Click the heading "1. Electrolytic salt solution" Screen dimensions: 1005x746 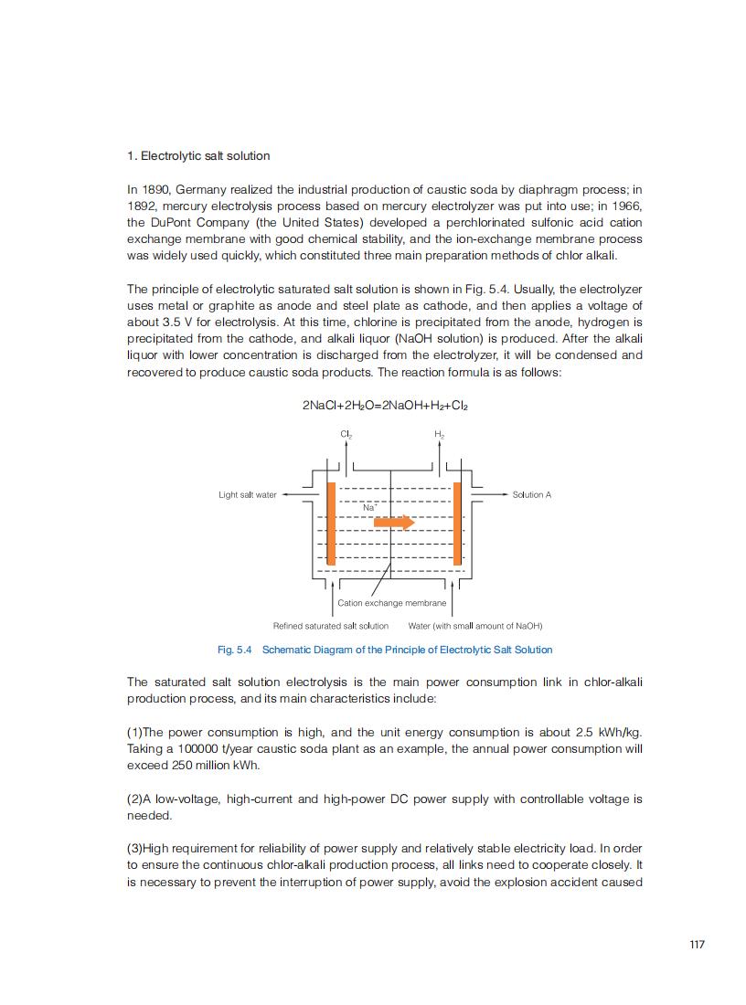coord(198,156)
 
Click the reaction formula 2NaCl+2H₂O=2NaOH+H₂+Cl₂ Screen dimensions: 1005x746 coord(385,405)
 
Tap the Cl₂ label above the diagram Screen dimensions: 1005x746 coord(346,434)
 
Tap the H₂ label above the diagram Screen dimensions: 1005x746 coord(439,434)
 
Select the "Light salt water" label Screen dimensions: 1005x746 coord(247,495)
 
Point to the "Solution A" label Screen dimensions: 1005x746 coord(532,495)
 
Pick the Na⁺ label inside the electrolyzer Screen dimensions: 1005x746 coord(369,506)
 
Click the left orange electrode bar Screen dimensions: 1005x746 coord(331,523)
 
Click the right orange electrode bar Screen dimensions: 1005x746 coord(457,523)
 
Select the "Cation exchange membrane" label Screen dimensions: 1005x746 coord(391,603)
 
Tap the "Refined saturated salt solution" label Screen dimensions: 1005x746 coord(331,626)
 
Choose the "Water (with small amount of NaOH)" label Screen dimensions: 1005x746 coord(475,626)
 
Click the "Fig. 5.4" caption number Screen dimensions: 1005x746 coord(234,650)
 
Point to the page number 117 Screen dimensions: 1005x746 coord(697,945)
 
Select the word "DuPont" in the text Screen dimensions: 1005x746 coord(168,223)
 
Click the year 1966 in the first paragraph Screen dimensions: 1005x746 coord(626,206)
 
